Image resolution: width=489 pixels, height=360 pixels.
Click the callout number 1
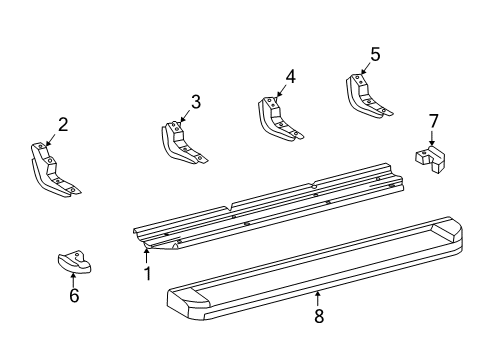pyautogui.click(x=147, y=274)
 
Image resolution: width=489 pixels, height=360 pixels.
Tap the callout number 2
pyautogui.click(x=63, y=124)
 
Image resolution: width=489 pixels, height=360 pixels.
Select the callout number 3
pyautogui.click(x=196, y=102)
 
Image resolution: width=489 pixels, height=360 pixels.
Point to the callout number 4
pyautogui.click(x=290, y=77)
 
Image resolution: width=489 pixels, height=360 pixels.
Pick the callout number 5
pyautogui.click(x=375, y=54)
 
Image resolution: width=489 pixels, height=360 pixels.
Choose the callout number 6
pyautogui.click(x=74, y=295)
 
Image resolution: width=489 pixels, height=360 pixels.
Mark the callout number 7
pyautogui.click(x=433, y=121)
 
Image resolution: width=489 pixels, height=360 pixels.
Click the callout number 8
pyautogui.click(x=319, y=316)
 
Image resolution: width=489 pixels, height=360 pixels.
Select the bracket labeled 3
pyautogui.click(x=182, y=143)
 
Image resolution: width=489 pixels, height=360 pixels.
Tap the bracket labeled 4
pyautogui.click(x=278, y=119)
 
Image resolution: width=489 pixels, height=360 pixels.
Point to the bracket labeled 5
pyautogui.click(x=367, y=97)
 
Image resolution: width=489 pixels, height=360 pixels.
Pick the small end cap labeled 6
pyautogui.click(x=75, y=263)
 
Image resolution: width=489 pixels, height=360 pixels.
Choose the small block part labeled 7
pyautogui.click(x=431, y=159)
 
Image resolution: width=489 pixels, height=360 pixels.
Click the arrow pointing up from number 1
pyautogui.click(x=146, y=257)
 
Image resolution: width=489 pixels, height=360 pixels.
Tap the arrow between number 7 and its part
pyautogui.click(x=432, y=138)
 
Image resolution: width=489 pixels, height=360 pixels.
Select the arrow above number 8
pyautogui.click(x=318, y=299)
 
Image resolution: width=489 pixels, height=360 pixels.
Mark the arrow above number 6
pyautogui.click(x=73, y=280)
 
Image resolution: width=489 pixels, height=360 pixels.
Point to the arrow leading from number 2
pyautogui.click(x=51, y=139)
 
